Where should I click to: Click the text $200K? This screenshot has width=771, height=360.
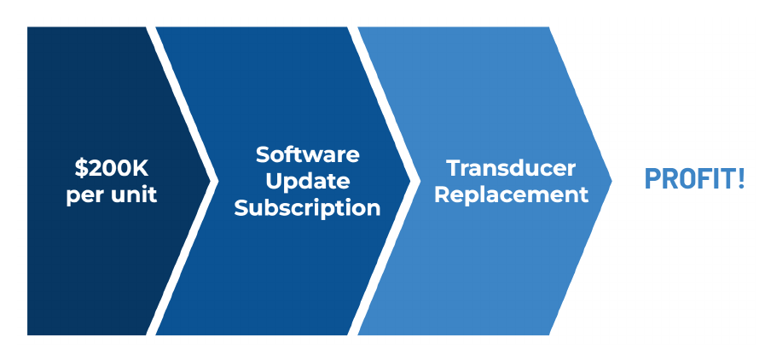tap(112, 169)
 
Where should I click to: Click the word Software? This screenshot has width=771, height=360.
tap(307, 155)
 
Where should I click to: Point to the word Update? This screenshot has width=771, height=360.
tap(307, 182)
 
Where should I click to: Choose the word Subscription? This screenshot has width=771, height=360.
tap(307, 208)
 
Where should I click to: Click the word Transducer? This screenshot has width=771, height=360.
tap(512, 169)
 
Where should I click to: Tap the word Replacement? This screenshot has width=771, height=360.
tap(512, 195)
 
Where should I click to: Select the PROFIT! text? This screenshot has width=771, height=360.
tap(694, 179)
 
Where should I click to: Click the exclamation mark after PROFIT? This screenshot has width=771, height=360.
tap(740, 179)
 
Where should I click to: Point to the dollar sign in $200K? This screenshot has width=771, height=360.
tap(81, 169)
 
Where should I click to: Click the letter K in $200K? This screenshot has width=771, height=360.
tap(141, 169)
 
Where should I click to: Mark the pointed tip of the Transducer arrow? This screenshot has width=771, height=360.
tap(612, 181)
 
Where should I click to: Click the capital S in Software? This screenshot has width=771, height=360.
tap(264, 155)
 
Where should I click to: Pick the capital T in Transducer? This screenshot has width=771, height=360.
tap(455, 169)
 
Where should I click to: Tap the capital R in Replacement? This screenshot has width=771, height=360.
tap(443, 195)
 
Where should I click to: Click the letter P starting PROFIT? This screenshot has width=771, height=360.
tap(651, 179)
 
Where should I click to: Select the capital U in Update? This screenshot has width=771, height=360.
tap(274, 182)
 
